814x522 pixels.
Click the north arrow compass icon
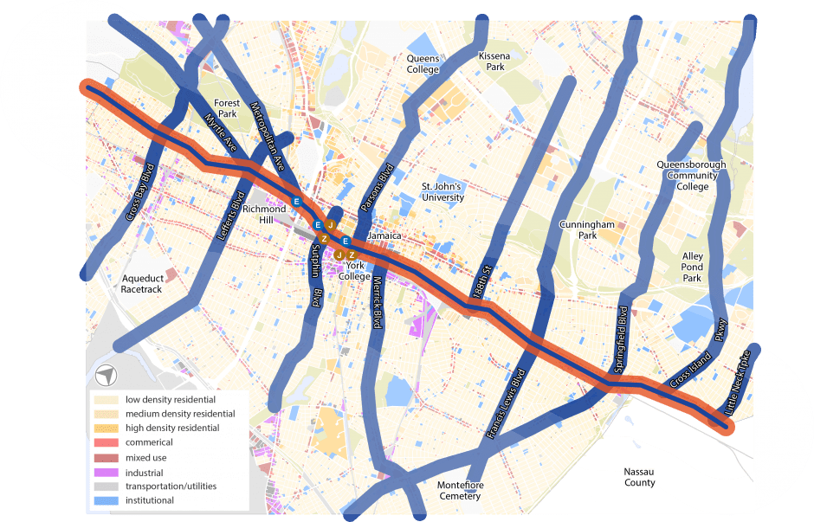click(x=106, y=375)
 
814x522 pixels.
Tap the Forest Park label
click(x=227, y=108)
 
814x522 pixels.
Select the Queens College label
click(x=423, y=64)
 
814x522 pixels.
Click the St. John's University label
click(x=443, y=191)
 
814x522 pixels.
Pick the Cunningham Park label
click(x=586, y=229)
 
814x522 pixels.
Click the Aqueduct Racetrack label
click(x=141, y=283)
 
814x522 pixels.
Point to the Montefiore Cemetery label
click(x=459, y=490)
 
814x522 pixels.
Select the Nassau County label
click(x=639, y=477)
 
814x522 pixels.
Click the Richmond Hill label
click(x=263, y=214)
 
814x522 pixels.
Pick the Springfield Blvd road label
click(x=620, y=338)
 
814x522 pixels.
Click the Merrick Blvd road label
click(x=378, y=302)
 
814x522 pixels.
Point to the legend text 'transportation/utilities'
click(x=171, y=487)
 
